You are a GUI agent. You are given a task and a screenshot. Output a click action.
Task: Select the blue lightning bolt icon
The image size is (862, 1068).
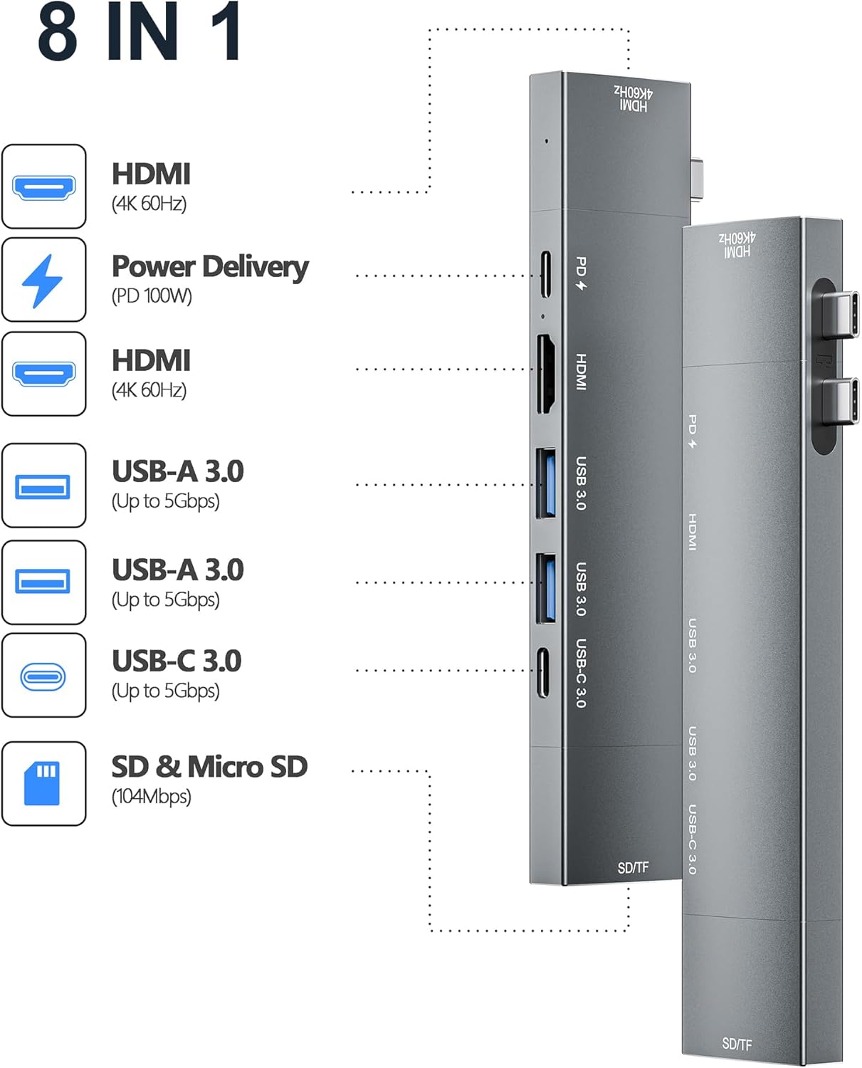point(43,281)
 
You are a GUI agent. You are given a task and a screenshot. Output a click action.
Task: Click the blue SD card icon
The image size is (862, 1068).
point(42,783)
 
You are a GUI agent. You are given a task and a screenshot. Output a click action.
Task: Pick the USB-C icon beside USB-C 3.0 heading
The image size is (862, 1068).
point(43,676)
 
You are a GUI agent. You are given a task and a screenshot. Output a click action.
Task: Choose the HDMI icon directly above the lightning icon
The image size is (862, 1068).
point(43,187)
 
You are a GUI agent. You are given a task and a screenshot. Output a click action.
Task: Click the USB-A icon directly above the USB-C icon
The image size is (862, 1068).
point(43,582)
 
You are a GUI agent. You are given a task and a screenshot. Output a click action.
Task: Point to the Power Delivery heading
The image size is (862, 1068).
point(210,266)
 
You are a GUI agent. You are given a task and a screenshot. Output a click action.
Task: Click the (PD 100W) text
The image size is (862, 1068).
point(152,295)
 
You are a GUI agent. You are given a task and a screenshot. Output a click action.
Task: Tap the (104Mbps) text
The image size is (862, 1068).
point(151,796)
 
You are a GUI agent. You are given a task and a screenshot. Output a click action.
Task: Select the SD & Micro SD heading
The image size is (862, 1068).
point(209,767)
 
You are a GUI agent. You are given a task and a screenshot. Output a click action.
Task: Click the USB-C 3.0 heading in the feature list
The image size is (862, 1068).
point(177,661)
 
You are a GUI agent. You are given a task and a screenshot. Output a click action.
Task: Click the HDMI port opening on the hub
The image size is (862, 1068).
point(545,374)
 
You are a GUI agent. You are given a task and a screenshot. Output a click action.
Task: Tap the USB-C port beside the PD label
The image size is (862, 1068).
point(545,275)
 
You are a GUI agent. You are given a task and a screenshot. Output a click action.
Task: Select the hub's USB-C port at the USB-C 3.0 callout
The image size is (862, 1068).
point(544,672)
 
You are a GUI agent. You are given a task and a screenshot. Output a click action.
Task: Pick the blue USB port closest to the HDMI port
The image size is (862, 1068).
point(547,482)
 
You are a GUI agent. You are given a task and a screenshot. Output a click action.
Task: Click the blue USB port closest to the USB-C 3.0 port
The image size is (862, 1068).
point(547,587)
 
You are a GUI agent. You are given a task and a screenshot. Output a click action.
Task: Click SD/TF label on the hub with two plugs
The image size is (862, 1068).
point(737,1044)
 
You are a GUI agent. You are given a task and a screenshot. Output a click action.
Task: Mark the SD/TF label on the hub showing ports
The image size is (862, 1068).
point(633,867)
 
